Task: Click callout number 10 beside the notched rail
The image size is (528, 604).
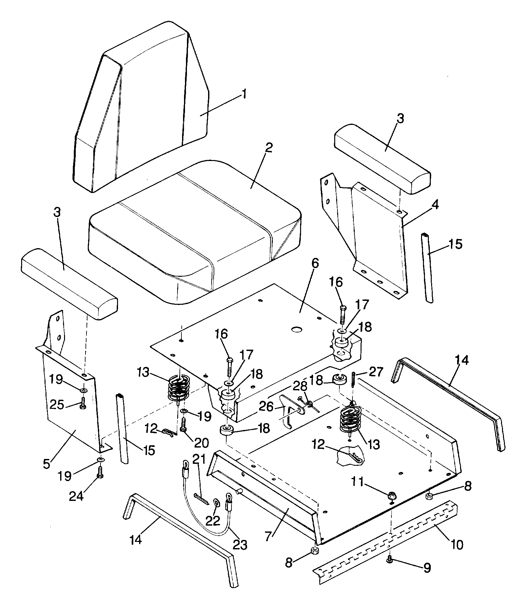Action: (457, 544)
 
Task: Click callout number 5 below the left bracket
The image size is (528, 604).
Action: (47, 463)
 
